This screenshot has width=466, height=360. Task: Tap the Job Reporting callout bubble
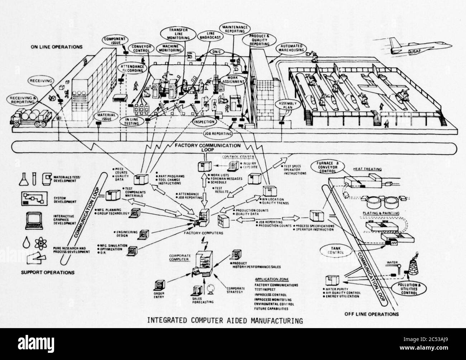click(217, 134)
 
